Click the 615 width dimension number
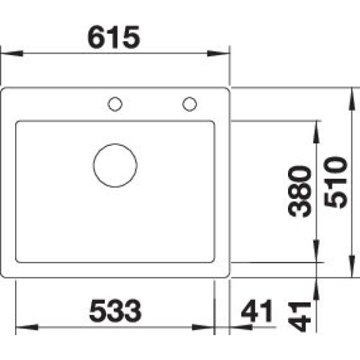click(x=114, y=37)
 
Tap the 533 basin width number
click(x=115, y=310)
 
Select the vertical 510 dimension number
click(x=335, y=183)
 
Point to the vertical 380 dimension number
click(x=300, y=192)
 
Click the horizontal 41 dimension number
click(x=257, y=311)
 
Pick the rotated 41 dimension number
click(x=299, y=317)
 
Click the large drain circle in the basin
click(x=115, y=166)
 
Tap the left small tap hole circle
click(x=115, y=104)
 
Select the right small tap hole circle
click(x=189, y=104)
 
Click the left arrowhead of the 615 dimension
click(x=12, y=54)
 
